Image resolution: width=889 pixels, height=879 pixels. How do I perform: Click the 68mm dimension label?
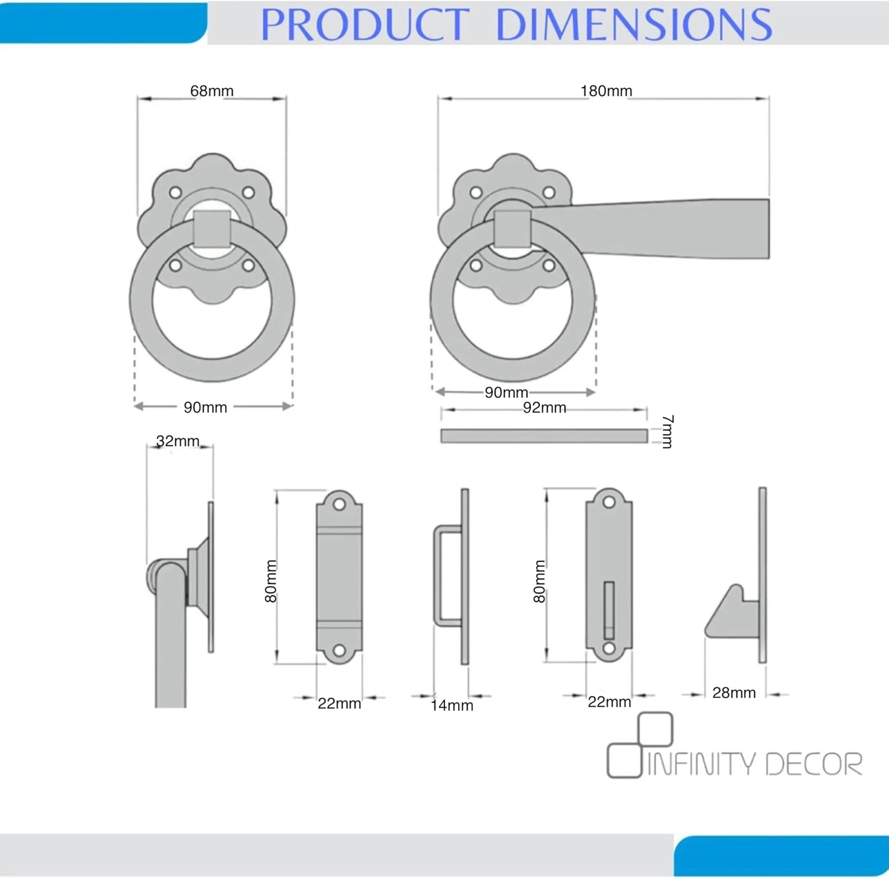[212, 91]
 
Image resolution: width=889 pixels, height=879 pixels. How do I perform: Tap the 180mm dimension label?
[606, 91]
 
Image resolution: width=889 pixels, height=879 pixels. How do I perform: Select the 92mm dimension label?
[544, 408]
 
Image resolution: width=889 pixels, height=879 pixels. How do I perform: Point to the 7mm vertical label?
[667, 432]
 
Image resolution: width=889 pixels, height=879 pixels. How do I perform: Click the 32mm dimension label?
[177, 441]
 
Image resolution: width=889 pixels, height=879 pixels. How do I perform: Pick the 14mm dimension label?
[452, 705]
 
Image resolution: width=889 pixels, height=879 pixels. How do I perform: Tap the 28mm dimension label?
[734, 693]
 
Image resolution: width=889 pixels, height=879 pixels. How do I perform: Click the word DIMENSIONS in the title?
[633, 25]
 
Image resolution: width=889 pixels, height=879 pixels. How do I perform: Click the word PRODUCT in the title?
[364, 25]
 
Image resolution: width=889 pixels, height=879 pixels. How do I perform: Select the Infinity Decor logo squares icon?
[640, 745]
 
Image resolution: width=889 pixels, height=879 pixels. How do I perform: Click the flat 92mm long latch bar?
[543, 436]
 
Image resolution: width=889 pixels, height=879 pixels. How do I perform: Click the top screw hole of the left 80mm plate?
[339, 505]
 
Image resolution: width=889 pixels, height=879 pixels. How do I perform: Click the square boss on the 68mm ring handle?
[212, 229]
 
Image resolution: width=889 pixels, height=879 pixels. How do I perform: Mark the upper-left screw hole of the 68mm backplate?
[175, 193]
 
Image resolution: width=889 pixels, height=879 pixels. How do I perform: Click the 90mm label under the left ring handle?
[205, 408]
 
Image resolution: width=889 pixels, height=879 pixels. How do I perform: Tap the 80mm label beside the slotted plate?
[539, 582]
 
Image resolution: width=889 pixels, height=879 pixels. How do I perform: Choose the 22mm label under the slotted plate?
[609, 702]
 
